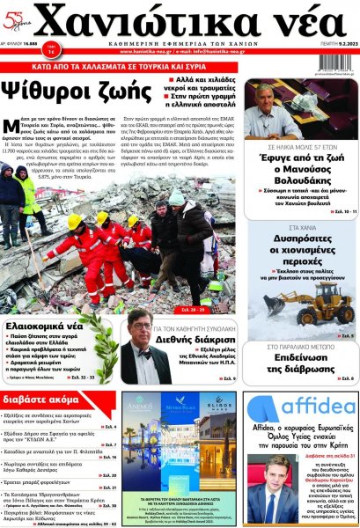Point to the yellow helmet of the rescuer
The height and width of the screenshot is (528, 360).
tap(75, 221)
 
